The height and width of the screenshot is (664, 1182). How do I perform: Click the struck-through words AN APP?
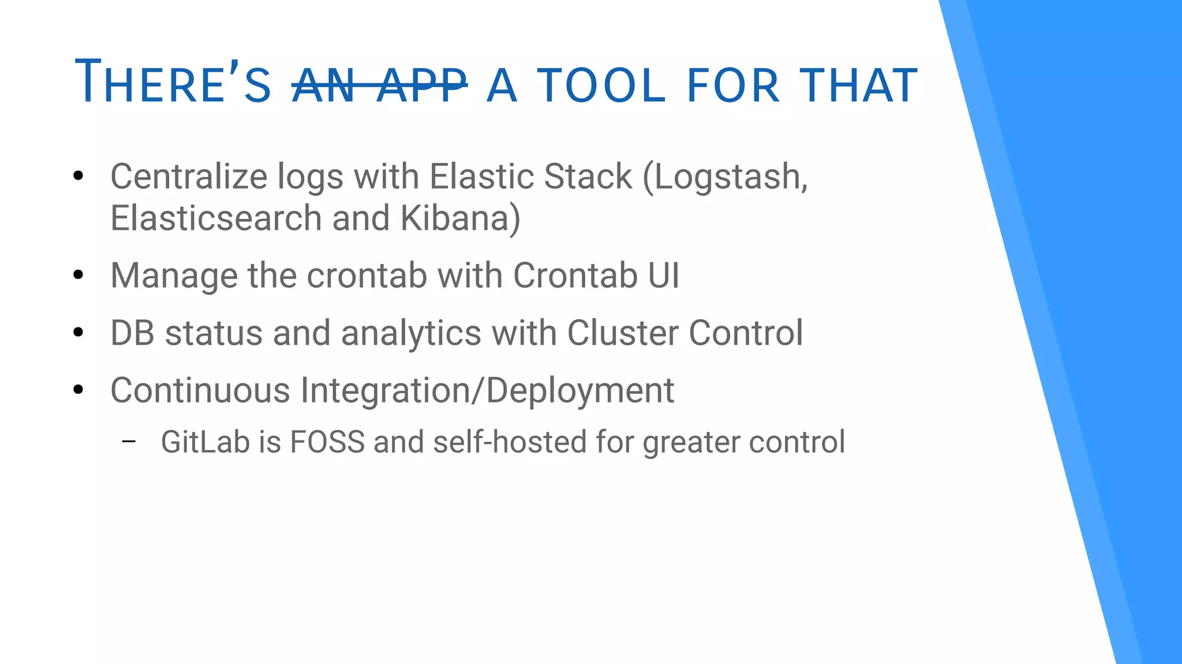[379, 85]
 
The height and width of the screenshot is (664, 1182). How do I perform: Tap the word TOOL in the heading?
[601, 85]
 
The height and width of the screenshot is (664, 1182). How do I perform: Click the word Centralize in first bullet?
[188, 176]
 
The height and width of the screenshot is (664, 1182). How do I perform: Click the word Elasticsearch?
[216, 218]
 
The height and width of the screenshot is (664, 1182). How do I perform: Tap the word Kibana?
[459, 218]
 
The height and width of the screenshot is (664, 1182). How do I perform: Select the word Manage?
[174, 276]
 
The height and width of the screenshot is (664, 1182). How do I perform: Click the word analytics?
[411, 334]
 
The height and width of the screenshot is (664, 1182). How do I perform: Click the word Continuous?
[200, 390]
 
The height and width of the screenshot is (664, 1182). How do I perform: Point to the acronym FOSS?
[327, 442]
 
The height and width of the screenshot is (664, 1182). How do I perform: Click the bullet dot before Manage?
[78, 275]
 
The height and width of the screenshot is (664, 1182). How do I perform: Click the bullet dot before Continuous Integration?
[78, 390]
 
